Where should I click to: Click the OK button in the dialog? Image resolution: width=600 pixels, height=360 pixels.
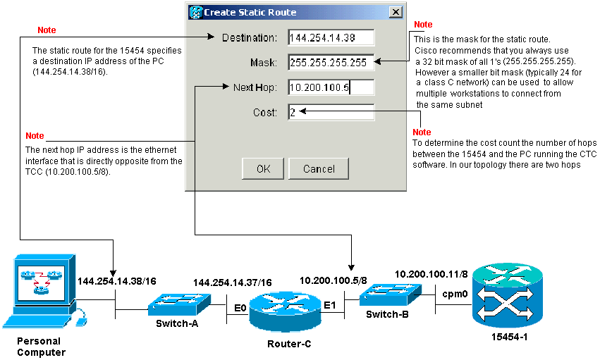pyautogui.click(x=263, y=169)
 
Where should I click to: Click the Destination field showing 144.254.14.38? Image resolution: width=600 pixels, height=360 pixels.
pyautogui.click(x=331, y=37)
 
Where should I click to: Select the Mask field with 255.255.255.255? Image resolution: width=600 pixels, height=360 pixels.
pyautogui.click(x=331, y=63)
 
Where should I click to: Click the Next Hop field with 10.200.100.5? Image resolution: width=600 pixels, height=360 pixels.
pyautogui.click(x=331, y=87)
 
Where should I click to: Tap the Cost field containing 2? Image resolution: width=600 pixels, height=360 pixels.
pyautogui.click(x=331, y=112)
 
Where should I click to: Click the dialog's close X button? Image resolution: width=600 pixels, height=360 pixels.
pyautogui.click(x=396, y=12)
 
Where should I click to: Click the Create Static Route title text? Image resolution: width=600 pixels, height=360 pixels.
pyautogui.click(x=250, y=12)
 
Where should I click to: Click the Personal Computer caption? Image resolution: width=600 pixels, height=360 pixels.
pyautogui.click(x=42, y=347)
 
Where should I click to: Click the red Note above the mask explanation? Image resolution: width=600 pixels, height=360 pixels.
pyautogui.click(x=423, y=25)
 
